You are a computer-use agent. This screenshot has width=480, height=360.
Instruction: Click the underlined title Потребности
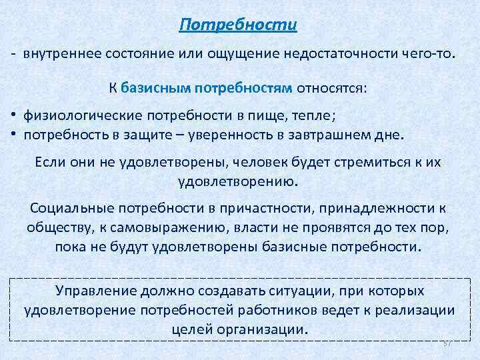point(238,25)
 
